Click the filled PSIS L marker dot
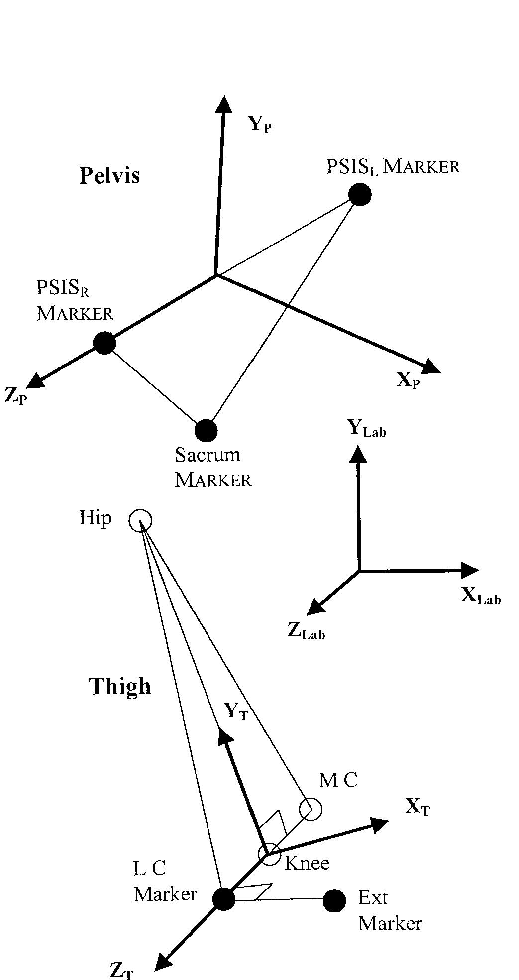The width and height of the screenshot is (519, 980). pos(359,194)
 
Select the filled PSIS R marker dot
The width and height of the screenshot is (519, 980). pos(104,343)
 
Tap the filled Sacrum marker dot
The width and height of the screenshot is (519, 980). pos(206,430)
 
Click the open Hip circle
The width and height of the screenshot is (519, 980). pos(140,521)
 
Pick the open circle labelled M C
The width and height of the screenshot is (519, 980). pos(311,809)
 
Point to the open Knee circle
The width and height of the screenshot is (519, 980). pos(269,854)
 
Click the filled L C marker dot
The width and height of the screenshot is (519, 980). pos(223,898)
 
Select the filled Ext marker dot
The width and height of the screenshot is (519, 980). pos(334,900)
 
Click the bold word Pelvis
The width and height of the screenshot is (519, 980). pos(109,175)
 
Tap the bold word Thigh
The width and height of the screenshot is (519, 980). pos(120,686)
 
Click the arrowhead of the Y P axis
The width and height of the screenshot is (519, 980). pos(224,105)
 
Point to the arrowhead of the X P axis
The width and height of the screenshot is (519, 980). pos(431,367)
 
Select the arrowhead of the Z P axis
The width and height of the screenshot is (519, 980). pos(35,381)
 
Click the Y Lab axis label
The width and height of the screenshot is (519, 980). pos(367,428)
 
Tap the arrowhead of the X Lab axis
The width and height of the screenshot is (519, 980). pos(469,570)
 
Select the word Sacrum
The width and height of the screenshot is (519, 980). pos(208,455)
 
